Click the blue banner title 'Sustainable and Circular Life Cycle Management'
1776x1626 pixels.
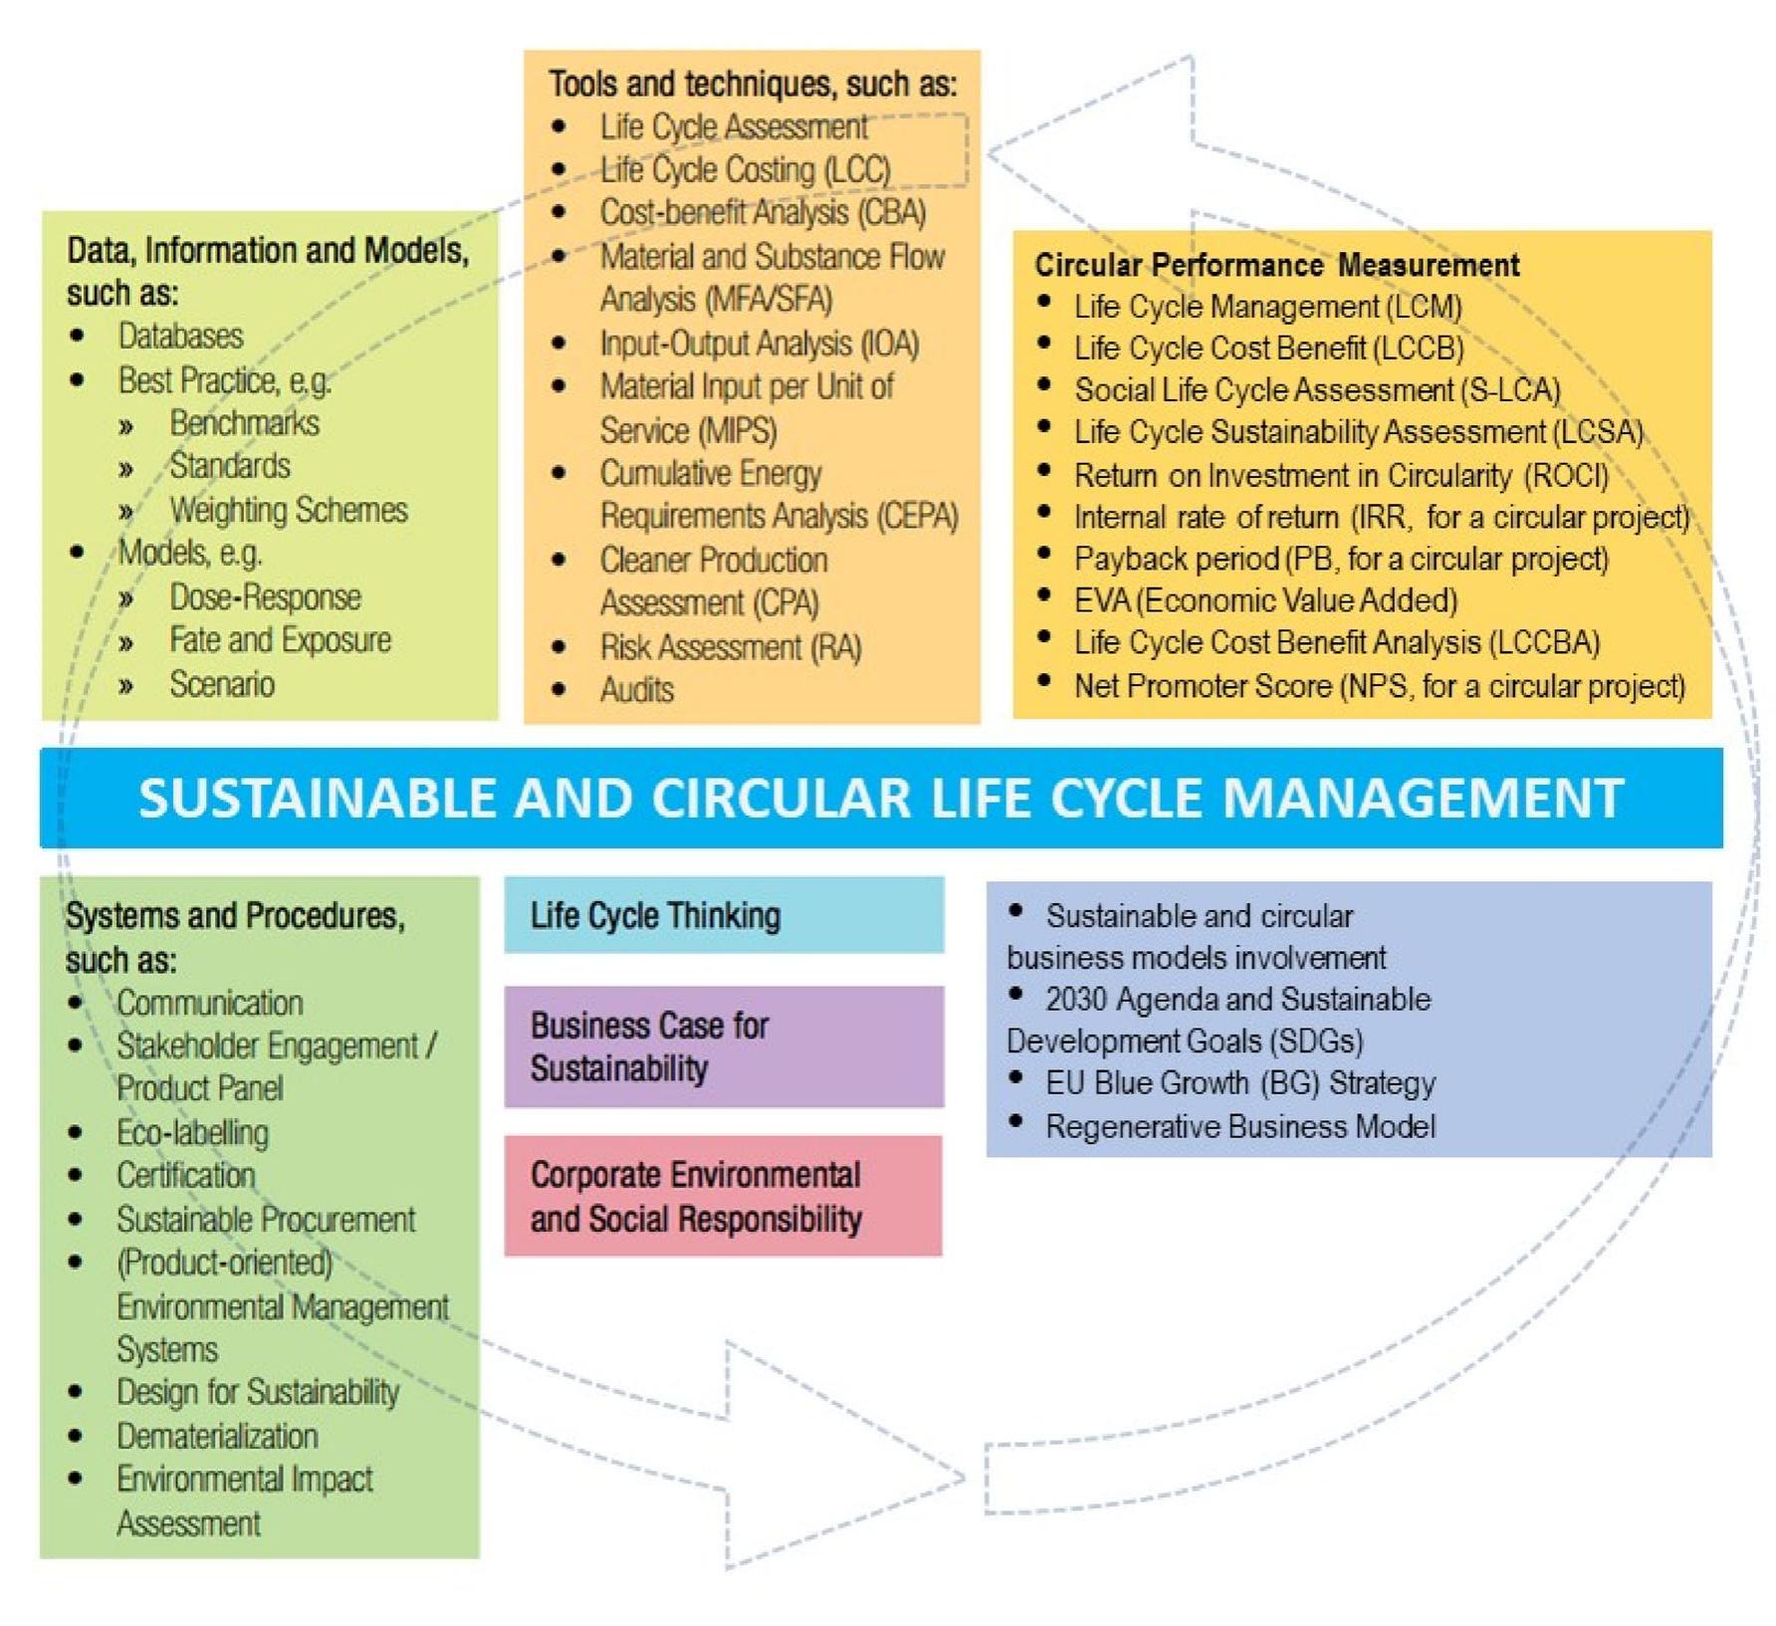click(881, 799)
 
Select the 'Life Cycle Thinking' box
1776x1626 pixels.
click(724, 915)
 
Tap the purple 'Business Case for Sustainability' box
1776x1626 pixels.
click(724, 1046)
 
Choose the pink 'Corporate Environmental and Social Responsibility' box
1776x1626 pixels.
click(724, 1196)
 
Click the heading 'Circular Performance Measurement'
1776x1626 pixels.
click(1276, 265)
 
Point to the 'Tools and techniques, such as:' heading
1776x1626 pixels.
click(753, 84)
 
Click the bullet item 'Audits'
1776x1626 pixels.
click(636, 690)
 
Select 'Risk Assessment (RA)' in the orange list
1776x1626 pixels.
click(730, 647)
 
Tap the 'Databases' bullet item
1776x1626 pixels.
click(180, 337)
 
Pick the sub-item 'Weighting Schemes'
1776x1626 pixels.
click(289, 511)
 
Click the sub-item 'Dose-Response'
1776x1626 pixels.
click(265, 597)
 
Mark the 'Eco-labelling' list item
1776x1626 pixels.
click(192, 1133)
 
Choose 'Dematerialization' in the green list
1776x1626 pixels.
click(217, 1436)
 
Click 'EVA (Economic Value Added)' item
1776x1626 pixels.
click(1265, 600)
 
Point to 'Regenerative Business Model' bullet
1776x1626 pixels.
click(1239, 1127)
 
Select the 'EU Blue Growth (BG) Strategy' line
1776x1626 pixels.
click(1239, 1083)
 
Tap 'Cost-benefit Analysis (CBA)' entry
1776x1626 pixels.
click(763, 213)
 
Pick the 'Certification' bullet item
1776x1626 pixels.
click(186, 1176)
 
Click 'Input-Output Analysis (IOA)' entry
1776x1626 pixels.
click(759, 345)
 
